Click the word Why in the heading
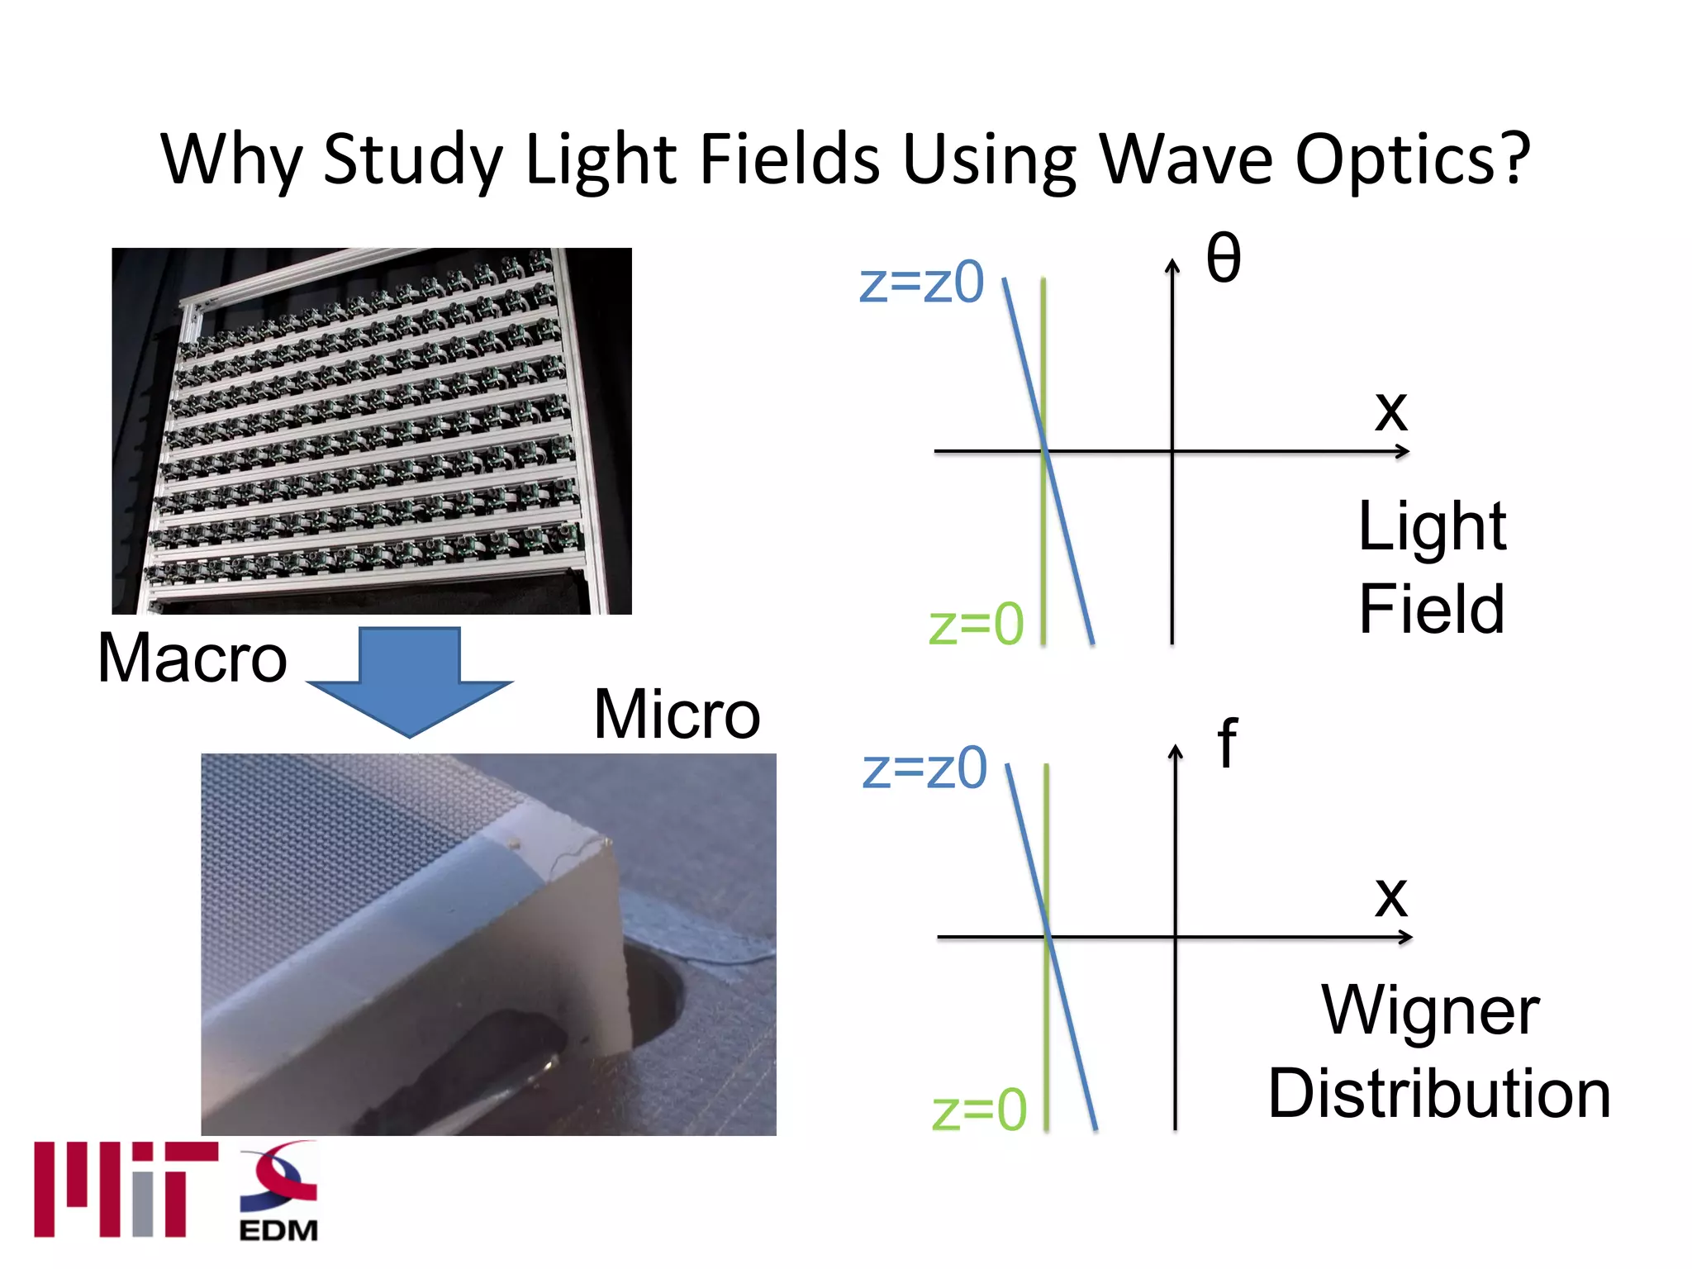231,161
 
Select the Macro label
192,658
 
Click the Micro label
677,715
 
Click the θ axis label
1224,258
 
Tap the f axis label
1228,744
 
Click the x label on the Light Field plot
1391,411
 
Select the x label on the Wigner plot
1391,896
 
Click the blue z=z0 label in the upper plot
921,283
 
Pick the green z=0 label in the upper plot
976,625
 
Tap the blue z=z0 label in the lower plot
924,768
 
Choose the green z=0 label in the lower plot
979,1110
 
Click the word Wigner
1430,1011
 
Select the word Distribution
1439,1094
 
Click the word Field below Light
1432,609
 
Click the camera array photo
372,430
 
